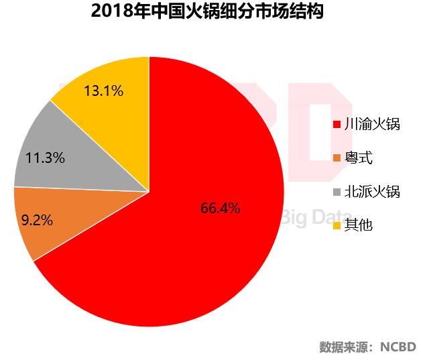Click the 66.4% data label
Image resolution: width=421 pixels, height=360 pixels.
click(220, 208)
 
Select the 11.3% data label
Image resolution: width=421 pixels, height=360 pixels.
click(45, 159)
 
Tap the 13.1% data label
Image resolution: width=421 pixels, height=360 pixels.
click(103, 91)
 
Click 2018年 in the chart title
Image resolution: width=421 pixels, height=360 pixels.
click(113, 12)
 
